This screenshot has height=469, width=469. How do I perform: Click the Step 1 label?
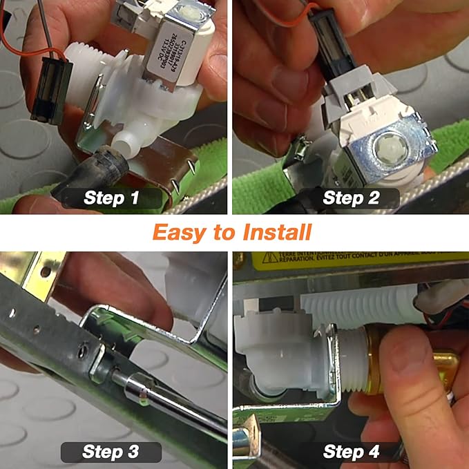pyautogui.click(x=111, y=198)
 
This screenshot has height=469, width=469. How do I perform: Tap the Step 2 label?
pyautogui.click(x=351, y=198)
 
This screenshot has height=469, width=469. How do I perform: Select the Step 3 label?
pyautogui.click(x=111, y=452)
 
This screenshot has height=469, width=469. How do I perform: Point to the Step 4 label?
pyautogui.click(x=351, y=452)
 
